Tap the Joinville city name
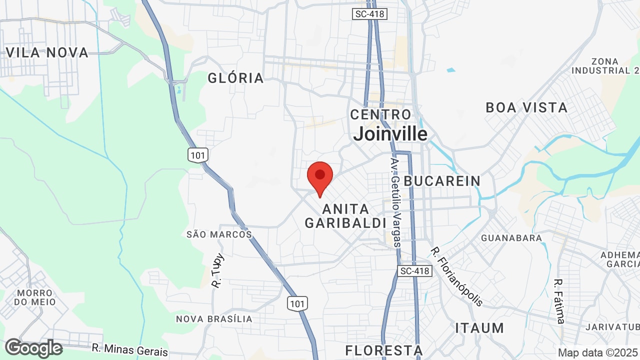coord(390,134)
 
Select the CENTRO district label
coord(380,114)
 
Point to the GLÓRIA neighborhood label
coord(235,78)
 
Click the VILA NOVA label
coord(47,52)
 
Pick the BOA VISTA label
coord(526,107)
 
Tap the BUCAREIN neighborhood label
coord(442,181)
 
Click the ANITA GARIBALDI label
coord(345,216)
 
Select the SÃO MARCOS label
coord(219,234)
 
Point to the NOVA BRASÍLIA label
coord(214,318)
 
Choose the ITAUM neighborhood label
coord(479,328)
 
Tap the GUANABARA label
coord(511,238)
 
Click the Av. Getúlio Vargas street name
coord(396,202)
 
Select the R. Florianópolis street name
coord(457,276)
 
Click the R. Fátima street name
coord(559,300)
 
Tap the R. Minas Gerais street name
coord(129,349)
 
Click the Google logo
coord(33,348)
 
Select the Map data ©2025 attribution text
coord(598,352)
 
